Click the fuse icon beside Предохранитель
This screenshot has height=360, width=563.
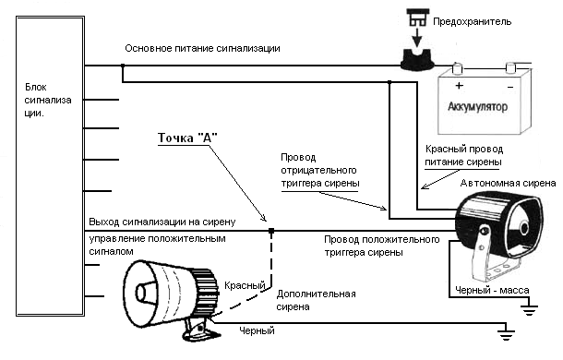point(416,18)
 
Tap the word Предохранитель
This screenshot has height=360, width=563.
point(472,21)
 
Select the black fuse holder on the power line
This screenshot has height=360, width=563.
point(417,59)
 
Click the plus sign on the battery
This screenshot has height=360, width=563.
point(459,86)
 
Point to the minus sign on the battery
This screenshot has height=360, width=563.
point(510,87)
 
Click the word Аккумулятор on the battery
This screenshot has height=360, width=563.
point(477,107)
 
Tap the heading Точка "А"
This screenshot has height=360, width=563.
point(187,138)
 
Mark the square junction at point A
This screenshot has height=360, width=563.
point(271,231)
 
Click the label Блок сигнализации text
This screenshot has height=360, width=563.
point(48,101)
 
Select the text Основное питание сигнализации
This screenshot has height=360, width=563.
point(202,48)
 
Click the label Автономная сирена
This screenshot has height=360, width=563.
point(508,184)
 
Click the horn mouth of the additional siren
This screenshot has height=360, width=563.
point(139,294)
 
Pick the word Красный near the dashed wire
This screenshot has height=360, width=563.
point(245,285)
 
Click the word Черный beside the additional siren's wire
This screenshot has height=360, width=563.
point(257,330)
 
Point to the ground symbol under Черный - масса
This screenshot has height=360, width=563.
point(529,308)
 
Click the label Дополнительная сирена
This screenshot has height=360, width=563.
point(316,300)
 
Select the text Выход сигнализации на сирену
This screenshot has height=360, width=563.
point(162,222)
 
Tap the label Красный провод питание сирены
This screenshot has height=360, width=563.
point(464,156)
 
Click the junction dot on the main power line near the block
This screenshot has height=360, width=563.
point(123,66)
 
